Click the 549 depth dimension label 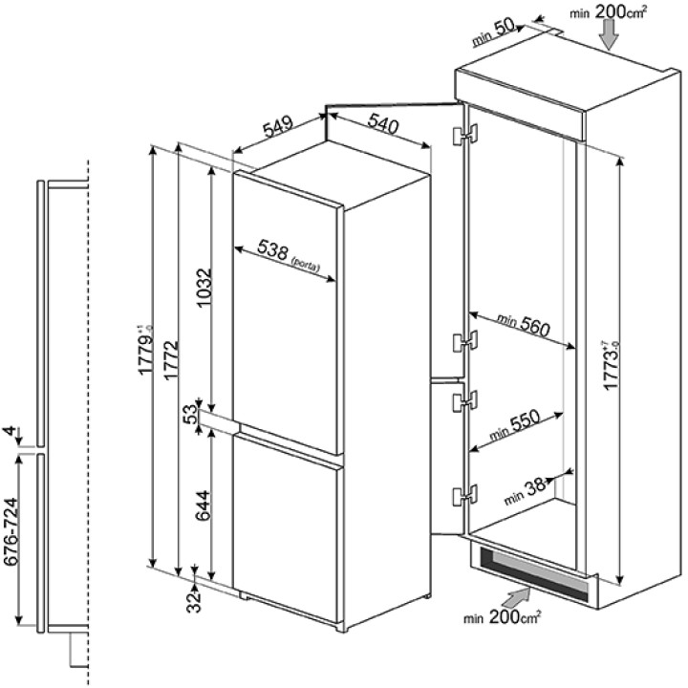click(278, 126)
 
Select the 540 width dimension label click(383, 123)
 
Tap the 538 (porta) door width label click(289, 255)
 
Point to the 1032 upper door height click(204, 289)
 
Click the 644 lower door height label click(204, 505)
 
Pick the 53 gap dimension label click(190, 414)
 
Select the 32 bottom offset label click(194, 601)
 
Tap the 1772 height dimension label click(171, 360)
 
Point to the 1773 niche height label click(612, 365)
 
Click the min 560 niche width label click(523, 324)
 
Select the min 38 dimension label click(526, 490)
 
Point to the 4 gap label click(11, 431)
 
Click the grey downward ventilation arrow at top click(609, 34)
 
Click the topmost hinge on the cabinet click(464, 135)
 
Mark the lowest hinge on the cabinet click(464, 495)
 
